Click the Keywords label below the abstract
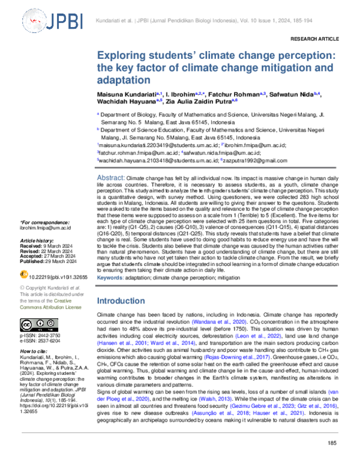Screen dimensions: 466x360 pyautogui.click(x=113, y=279)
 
